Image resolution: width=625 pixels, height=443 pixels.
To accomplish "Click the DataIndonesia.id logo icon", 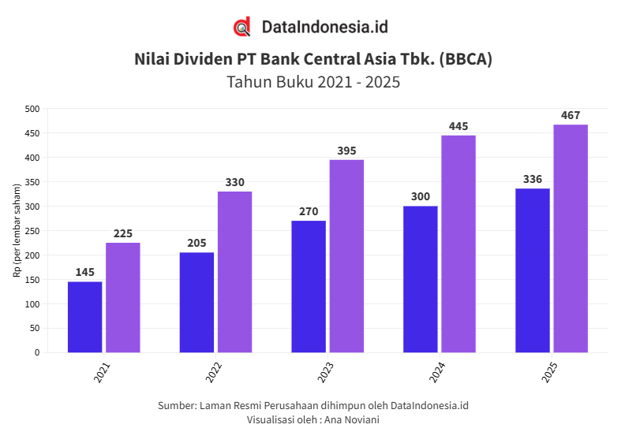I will click(242, 27).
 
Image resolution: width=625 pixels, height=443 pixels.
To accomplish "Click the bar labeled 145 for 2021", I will click(84, 317).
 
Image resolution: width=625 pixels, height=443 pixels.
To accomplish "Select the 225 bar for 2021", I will click(123, 297).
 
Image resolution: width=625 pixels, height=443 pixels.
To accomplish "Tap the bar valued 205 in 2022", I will click(196, 302).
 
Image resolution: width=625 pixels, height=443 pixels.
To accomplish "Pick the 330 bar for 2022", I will click(235, 272).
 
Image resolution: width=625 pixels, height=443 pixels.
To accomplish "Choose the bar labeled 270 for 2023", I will click(309, 286).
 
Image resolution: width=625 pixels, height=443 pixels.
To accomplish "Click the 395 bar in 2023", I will click(346, 256).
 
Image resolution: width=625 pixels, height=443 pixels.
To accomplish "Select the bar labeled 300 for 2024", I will click(420, 279).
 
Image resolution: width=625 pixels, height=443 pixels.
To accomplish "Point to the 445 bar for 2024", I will click(458, 244).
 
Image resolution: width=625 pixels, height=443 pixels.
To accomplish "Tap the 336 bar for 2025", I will click(532, 270).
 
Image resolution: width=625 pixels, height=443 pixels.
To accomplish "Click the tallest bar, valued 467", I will click(571, 238).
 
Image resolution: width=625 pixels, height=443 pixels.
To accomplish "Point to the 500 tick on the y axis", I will click(32, 109).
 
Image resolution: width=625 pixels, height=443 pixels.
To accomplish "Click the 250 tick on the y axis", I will click(32, 231).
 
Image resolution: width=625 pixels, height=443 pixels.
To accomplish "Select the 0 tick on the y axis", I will click(36, 352).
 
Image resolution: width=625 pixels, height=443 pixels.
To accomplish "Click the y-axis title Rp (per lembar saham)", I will click(17, 230).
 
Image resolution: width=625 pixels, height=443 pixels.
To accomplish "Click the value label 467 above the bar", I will click(571, 116).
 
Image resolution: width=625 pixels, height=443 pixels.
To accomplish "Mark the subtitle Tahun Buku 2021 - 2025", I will click(313, 82).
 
